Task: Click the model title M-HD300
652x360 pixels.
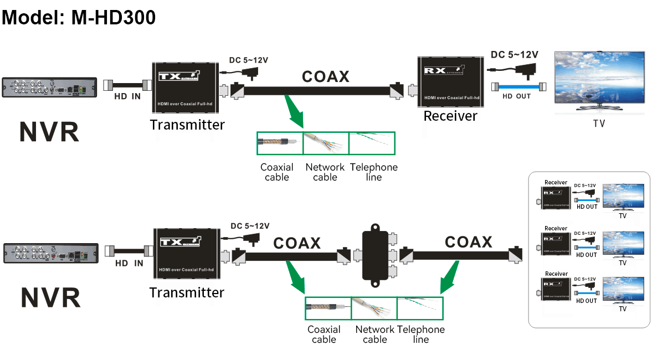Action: pos(79,17)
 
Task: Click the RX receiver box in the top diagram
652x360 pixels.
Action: pos(448,81)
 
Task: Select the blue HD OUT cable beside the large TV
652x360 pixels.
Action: pos(518,87)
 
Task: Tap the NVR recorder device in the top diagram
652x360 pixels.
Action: pos(49,88)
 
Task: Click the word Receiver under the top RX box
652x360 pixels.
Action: pos(450,116)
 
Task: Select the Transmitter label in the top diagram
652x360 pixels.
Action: pos(187,125)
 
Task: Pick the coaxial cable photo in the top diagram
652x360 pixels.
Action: pos(280,143)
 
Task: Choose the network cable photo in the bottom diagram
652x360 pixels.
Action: pos(374,308)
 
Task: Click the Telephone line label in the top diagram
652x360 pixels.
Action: pos(374,172)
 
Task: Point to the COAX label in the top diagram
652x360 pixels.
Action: pos(325,76)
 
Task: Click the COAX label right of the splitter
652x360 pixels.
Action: pos(468,242)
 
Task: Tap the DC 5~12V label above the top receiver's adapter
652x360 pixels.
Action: pos(514,55)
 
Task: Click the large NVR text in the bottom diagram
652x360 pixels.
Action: pos(50,297)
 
